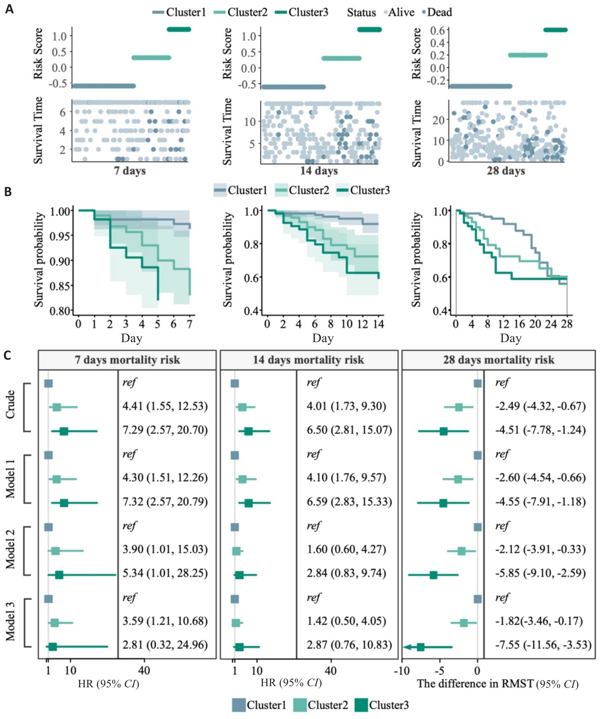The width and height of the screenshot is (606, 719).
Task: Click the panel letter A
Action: (x=9, y=9)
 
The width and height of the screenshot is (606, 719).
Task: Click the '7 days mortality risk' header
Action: (x=127, y=360)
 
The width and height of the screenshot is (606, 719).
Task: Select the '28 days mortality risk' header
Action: (x=498, y=360)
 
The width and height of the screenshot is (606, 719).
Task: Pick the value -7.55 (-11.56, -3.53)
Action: (x=543, y=645)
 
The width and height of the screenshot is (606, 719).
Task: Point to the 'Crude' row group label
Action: (x=11, y=405)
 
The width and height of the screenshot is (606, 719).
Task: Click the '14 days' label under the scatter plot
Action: (x=319, y=171)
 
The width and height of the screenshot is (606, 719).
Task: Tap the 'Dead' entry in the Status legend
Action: (x=439, y=12)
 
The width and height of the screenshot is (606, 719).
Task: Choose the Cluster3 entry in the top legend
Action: (x=308, y=12)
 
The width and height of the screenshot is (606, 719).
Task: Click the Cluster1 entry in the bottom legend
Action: (x=266, y=705)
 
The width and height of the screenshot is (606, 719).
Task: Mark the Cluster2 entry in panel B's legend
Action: (x=309, y=190)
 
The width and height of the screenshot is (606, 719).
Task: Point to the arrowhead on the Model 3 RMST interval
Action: (x=407, y=647)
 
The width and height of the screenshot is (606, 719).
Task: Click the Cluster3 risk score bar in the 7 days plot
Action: (x=179, y=29)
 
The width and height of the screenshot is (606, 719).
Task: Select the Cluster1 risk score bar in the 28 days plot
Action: (x=480, y=86)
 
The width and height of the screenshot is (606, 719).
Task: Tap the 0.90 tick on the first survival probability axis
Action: (x=60, y=261)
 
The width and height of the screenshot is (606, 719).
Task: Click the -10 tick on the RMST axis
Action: (x=402, y=670)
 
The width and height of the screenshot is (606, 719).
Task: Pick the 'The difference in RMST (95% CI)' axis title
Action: (x=497, y=684)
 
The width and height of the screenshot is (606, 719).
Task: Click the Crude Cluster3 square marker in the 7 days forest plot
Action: (x=64, y=431)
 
